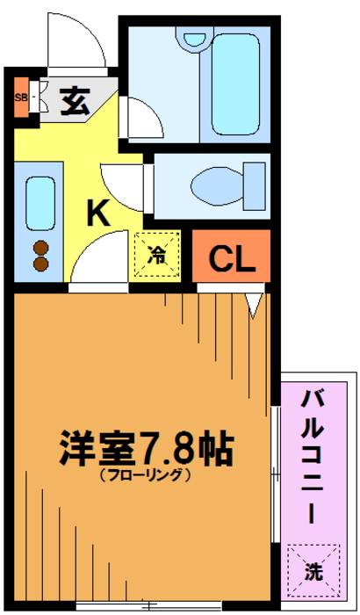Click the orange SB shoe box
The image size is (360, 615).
(22, 98)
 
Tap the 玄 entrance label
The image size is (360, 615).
(75, 101)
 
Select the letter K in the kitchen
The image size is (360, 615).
(98, 213)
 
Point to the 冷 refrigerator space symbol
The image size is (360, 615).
(157, 255)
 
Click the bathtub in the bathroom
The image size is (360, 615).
(235, 84)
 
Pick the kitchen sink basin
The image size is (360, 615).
(40, 204)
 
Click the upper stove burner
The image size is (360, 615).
(40, 248)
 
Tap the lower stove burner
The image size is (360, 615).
(40, 264)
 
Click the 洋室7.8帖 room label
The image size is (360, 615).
(147, 448)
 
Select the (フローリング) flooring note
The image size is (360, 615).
(146, 475)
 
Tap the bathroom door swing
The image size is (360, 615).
(141, 117)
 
